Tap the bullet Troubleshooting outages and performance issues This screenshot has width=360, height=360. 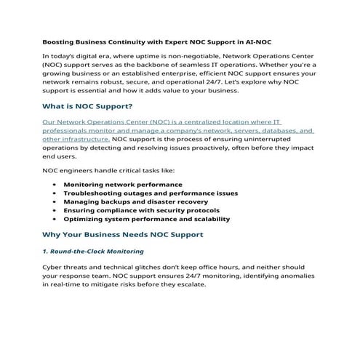(150, 193)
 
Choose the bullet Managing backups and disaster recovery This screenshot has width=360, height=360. (135, 201)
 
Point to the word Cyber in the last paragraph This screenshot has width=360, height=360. (54, 268)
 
